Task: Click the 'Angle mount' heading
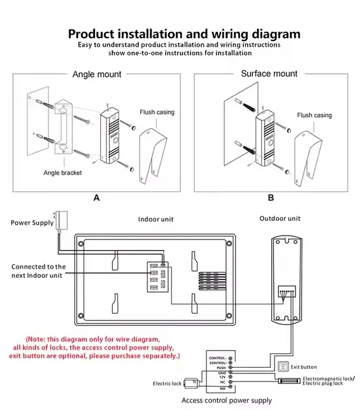[x=96, y=74]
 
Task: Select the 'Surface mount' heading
[x=269, y=73]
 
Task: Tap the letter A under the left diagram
[x=96, y=198]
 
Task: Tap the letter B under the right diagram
[x=271, y=198]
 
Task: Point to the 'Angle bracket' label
[x=63, y=173]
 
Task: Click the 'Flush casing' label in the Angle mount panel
[x=157, y=112]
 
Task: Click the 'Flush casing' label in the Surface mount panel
[x=314, y=115]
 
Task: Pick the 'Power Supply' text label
[x=32, y=223]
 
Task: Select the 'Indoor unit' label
[x=156, y=219]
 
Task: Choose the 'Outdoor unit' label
[x=280, y=218]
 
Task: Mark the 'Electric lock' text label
[x=167, y=383]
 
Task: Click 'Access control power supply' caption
[x=226, y=400]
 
